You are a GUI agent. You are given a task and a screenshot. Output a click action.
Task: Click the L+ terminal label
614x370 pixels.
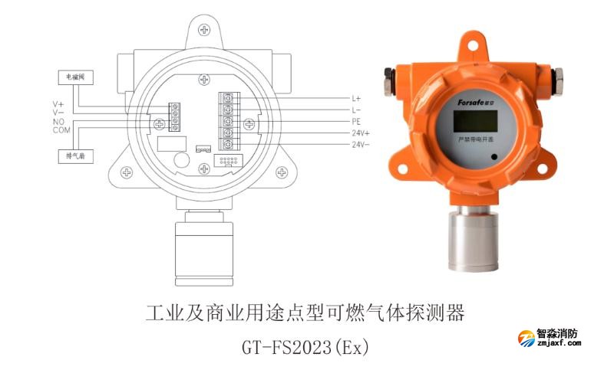coord(356,99)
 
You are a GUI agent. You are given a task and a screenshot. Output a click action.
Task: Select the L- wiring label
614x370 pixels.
coord(356,110)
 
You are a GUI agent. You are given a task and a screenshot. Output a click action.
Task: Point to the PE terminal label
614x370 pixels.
coord(356,122)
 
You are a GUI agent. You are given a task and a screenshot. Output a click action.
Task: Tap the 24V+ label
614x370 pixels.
coord(361,133)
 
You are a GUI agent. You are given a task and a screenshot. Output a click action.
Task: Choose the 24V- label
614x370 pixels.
coord(361,144)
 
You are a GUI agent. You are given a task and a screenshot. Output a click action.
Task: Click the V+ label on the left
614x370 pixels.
coord(58,103)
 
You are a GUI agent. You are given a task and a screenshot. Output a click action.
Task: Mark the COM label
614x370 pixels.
coord(61,130)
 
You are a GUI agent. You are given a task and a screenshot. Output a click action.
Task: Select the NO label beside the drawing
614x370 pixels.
coord(58,122)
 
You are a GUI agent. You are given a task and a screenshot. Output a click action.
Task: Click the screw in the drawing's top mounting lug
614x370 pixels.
coord(204,29)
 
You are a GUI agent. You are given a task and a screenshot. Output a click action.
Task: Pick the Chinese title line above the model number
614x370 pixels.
coord(305,313)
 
